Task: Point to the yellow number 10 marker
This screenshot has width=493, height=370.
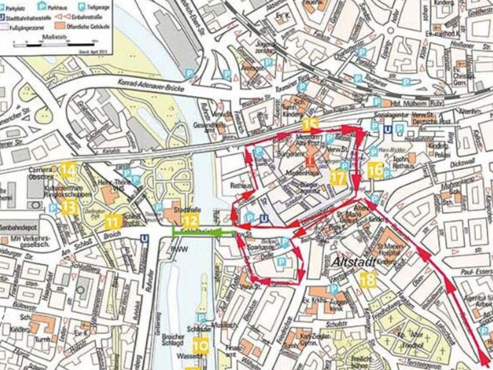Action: [x=201, y=345]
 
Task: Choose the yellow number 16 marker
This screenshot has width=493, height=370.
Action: [x=376, y=171]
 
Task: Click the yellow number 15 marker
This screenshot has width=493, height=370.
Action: [x=310, y=124]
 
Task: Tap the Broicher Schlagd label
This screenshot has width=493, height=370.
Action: [x=173, y=339]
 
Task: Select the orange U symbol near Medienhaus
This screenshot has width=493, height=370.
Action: [x=311, y=161]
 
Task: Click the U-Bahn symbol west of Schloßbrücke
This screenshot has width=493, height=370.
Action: [x=144, y=238]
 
